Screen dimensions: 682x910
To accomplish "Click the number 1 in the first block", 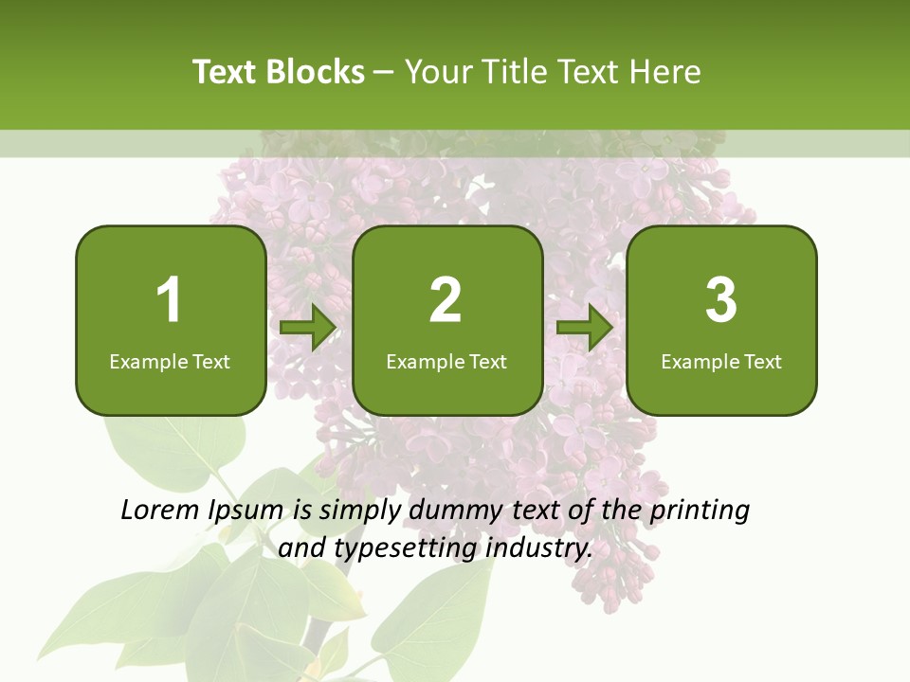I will pos(169,300).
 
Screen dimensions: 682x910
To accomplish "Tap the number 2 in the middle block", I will pos(446,300).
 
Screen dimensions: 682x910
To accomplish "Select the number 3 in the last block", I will pos(721,300).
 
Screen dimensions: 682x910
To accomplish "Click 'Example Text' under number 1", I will pos(170,361).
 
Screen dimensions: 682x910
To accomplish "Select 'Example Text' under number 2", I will pos(446,361).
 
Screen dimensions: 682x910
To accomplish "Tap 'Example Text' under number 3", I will pos(721,361).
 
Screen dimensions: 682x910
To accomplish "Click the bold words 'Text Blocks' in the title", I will pos(279,72).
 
